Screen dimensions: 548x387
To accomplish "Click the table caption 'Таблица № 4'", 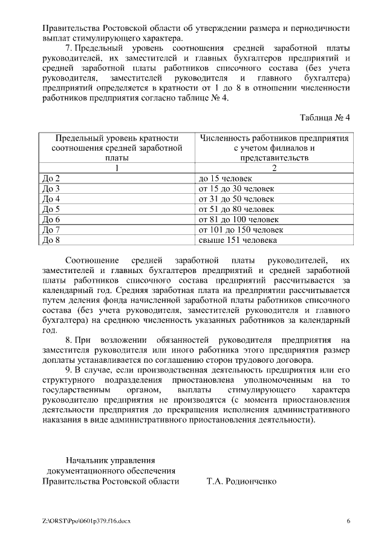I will tap(325, 117).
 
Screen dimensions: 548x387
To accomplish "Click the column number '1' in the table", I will tap(117, 168).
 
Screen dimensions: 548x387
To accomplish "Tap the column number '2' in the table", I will tap(274, 168).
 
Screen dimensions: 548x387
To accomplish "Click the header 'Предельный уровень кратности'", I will tap(117, 137).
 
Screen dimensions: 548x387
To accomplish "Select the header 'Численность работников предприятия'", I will tap(274, 137).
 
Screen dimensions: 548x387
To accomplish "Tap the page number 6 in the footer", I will tap(348, 521).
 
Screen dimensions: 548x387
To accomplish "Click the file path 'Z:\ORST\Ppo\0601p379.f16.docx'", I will tap(86, 521).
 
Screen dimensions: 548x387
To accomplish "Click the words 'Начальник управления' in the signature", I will tap(111, 460).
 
